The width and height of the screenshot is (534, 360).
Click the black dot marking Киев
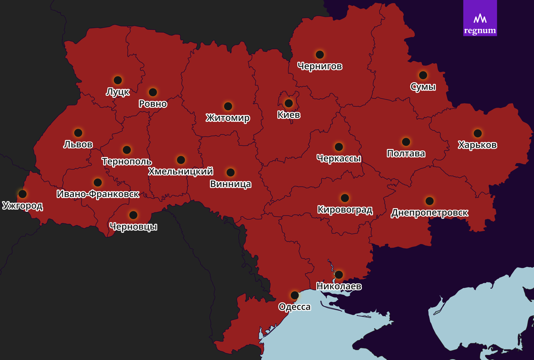point(288,103)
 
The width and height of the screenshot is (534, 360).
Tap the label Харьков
point(477,145)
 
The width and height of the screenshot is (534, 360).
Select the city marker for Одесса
point(295,295)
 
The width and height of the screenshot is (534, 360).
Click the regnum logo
point(480,18)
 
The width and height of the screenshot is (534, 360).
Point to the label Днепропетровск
point(429,213)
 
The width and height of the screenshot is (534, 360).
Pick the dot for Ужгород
point(22,194)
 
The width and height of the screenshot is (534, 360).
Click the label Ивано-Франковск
point(98,194)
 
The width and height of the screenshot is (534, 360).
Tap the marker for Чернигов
point(320,55)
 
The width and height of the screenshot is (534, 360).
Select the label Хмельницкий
point(180,171)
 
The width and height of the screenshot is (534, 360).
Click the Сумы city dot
point(423,75)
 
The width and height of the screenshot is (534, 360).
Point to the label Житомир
point(228,118)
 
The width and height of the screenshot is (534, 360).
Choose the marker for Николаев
point(339,275)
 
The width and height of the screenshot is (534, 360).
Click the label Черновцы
point(133,227)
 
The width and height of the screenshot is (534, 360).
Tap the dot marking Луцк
point(118,80)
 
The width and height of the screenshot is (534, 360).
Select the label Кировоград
point(345,210)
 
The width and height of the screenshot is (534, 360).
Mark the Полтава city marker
point(406,142)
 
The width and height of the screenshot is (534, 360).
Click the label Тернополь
point(126,162)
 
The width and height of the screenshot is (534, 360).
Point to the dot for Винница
point(231,172)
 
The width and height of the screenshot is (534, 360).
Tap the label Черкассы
point(339,158)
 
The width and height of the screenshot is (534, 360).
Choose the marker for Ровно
point(153,92)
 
